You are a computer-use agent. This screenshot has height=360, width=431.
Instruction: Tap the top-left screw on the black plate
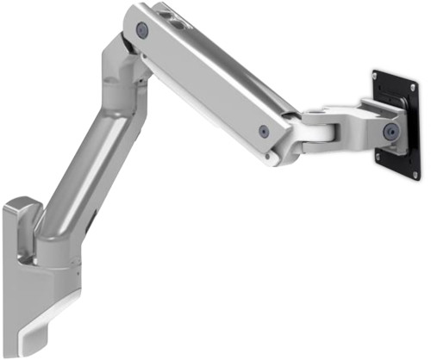(378, 76)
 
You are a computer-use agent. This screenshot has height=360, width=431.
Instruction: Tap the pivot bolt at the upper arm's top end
(142, 30)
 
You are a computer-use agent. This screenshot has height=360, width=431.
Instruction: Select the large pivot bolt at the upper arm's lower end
(263, 131)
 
